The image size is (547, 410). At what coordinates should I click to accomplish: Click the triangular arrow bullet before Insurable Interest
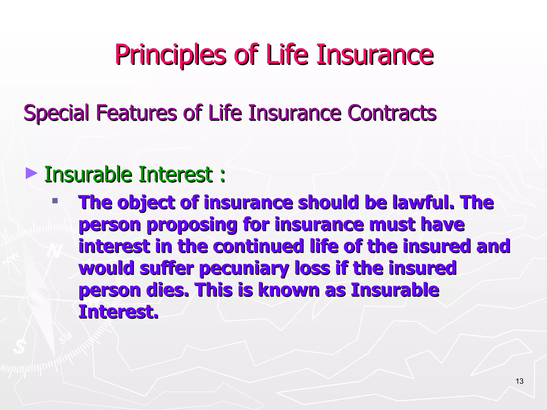coord(32,173)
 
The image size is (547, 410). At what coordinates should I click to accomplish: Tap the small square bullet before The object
coord(55,201)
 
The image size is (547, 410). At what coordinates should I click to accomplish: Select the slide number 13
coord(519,381)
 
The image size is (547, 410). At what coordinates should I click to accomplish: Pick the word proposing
coord(192,225)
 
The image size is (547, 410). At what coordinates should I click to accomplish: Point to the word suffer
coord(166,268)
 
